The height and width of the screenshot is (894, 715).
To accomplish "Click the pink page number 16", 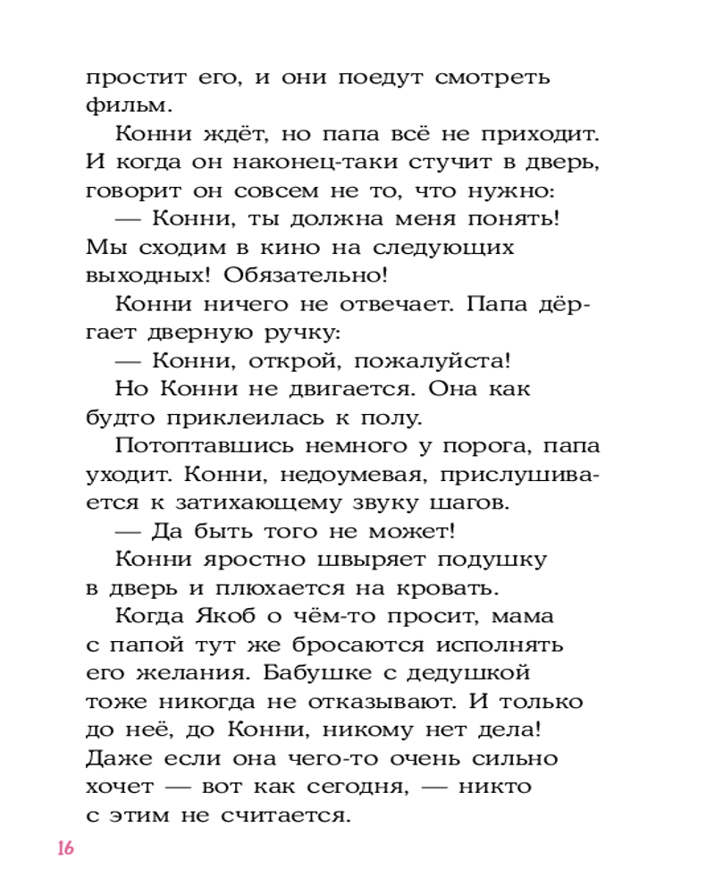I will click(63, 848).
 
